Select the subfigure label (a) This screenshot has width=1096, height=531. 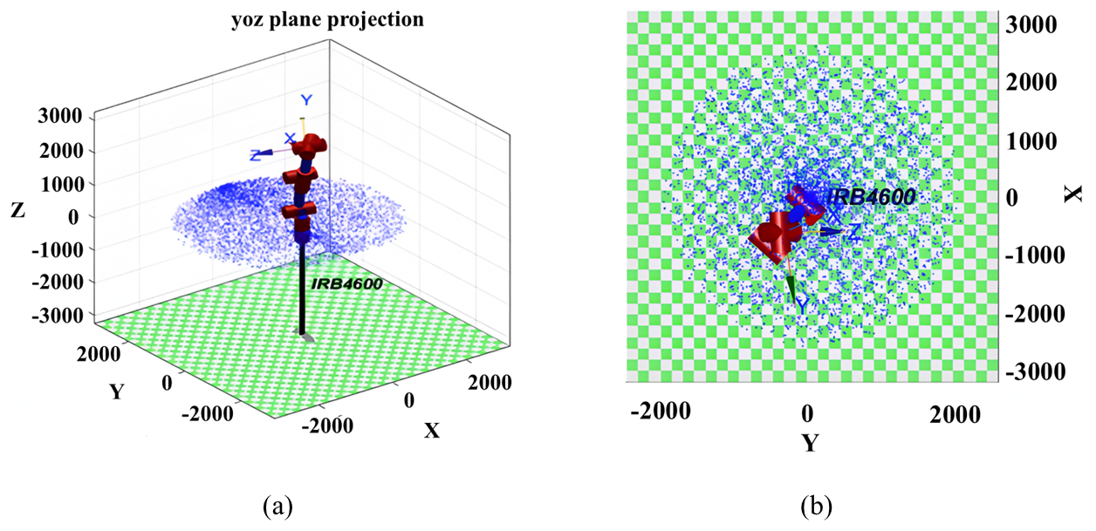click(x=277, y=505)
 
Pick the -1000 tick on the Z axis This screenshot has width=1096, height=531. click(x=58, y=248)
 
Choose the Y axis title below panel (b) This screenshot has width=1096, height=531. click(x=811, y=444)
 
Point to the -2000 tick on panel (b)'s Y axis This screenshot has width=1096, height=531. click(x=661, y=411)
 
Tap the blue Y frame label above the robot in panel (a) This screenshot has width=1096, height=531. click(x=305, y=100)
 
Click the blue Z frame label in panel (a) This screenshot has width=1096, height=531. click(x=256, y=155)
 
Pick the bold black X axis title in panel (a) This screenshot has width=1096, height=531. click(x=431, y=430)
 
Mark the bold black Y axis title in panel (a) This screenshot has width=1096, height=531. click(x=115, y=391)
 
